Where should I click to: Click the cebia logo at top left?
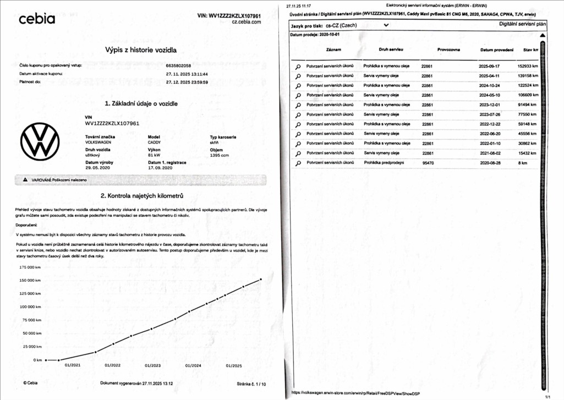[x=37, y=19]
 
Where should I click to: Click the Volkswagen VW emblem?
[x=40, y=142]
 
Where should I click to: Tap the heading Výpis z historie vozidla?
[x=141, y=50]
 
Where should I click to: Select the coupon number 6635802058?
[x=178, y=65]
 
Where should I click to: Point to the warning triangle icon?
[x=25, y=180]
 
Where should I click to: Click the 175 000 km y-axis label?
[x=31, y=267]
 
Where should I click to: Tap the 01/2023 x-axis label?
[x=152, y=365]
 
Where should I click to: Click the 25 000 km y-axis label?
[x=31, y=347]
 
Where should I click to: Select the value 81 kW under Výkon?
[x=154, y=156]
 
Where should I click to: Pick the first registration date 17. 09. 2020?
[x=160, y=168]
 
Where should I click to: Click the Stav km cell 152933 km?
[x=528, y=65]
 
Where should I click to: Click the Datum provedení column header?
[x=497, y=50]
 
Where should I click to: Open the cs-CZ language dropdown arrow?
[x=386, y=25]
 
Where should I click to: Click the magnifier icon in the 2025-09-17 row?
[x=298, y=66]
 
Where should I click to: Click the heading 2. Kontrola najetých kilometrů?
[x=141, y=196]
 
